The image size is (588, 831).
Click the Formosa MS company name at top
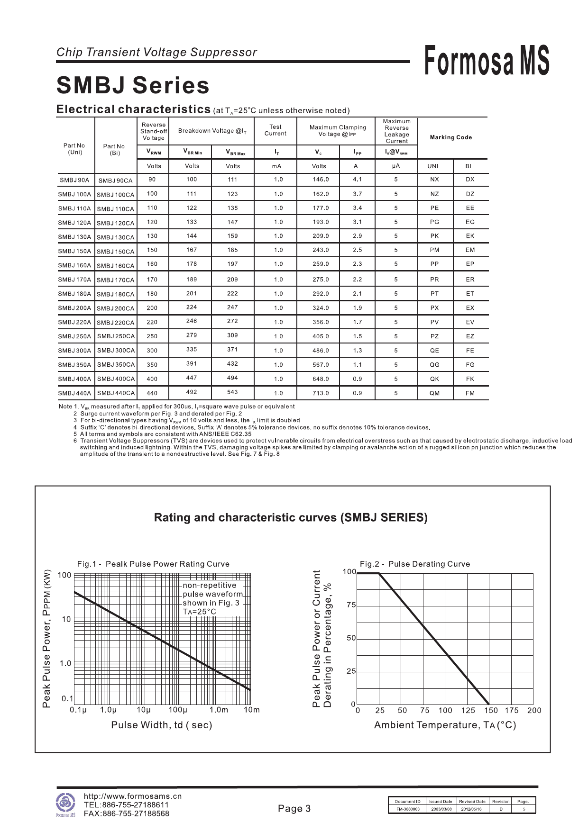coord(487,60)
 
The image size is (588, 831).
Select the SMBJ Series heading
coord(133,86)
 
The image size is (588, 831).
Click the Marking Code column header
coord(450,137)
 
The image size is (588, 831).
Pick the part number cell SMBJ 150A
coord(74,251)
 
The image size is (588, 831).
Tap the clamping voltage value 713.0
coord(321,393)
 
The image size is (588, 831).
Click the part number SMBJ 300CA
coord(116,351)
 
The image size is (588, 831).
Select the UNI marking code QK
coord(434,379)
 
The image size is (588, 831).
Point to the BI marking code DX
coord(470,180)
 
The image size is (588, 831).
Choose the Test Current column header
coord(276,130)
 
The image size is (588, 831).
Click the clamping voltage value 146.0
coord(321,180)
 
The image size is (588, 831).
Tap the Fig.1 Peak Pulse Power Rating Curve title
coord(153,564)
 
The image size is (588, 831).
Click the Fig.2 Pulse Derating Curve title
coord(415,564)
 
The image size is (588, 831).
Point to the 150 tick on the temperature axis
coord(491,710)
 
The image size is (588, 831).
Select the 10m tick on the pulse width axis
coord(252,710)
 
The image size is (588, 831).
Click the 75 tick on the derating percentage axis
coord(351,605)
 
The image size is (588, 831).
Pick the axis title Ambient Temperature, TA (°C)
coord(445,725)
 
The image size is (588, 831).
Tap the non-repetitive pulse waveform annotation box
coord(213,598)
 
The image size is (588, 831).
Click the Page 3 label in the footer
coord(294,809)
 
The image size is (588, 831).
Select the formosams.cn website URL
coord(133,796)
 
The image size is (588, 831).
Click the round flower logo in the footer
coord(65,803)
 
